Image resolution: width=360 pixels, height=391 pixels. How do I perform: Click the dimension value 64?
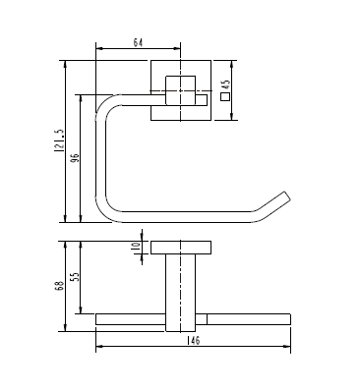click(138, 42)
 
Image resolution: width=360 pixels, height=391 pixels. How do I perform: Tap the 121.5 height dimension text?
click(59, 140)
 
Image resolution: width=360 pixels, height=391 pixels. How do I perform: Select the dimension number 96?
click(75, 158)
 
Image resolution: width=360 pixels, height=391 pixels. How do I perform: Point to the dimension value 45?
click(225, 85)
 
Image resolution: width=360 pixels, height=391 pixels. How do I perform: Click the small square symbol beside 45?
click(225, 96)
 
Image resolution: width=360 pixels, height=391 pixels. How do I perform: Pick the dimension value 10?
click(136, 247)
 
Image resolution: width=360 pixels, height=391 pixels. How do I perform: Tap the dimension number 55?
click(75, 277)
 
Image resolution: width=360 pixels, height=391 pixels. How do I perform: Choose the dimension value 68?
click(59, 286)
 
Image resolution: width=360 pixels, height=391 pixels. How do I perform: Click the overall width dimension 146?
click(194, 340)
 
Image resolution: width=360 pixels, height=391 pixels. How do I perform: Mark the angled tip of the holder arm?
click(286, 196)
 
